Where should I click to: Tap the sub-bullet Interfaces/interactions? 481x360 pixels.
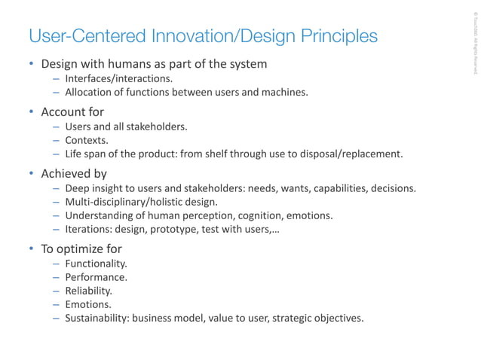click(x=118, y=78)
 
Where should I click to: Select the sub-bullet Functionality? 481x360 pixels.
click(x=96, y=264)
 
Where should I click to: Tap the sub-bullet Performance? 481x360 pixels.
click(x=95, y=277)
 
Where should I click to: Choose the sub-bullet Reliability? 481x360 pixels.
click(x=88, y=291)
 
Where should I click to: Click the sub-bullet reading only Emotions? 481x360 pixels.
click(x=87, y=304)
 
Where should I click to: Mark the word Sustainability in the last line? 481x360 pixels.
click(x=97, y=318)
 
